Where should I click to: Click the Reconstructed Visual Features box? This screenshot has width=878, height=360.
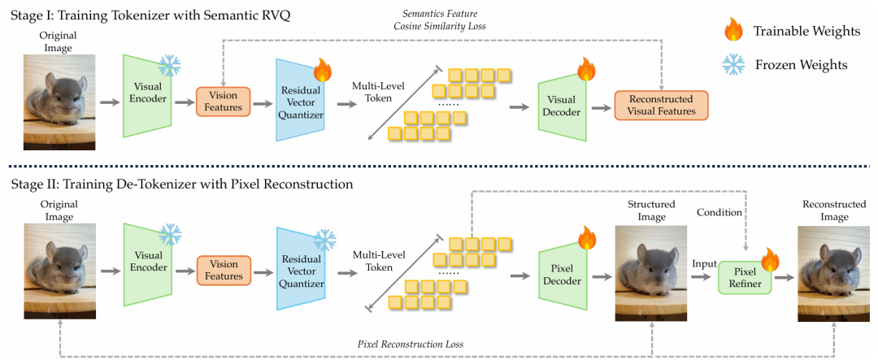pos(661,106)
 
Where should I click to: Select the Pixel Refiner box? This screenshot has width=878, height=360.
pos(743,278)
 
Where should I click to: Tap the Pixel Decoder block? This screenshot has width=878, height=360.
pos(562,275)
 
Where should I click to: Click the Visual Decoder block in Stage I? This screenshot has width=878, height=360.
pos(562,101)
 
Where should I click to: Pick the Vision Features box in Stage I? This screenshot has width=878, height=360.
pos(223,104)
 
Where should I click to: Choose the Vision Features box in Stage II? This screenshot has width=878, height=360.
pos(223,271)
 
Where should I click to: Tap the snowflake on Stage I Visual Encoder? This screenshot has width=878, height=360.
pos(170,66)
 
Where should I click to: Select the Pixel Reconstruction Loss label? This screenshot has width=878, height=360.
pos(410,344)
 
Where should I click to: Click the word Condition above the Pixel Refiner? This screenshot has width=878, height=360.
pos(719,212)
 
